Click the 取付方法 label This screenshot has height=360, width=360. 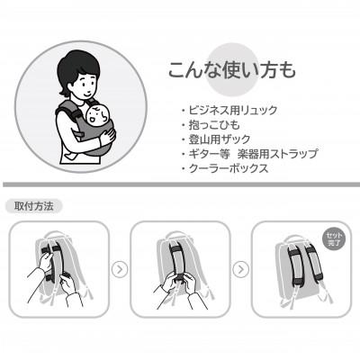(34, 205)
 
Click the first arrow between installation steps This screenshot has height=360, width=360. (119, 268)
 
